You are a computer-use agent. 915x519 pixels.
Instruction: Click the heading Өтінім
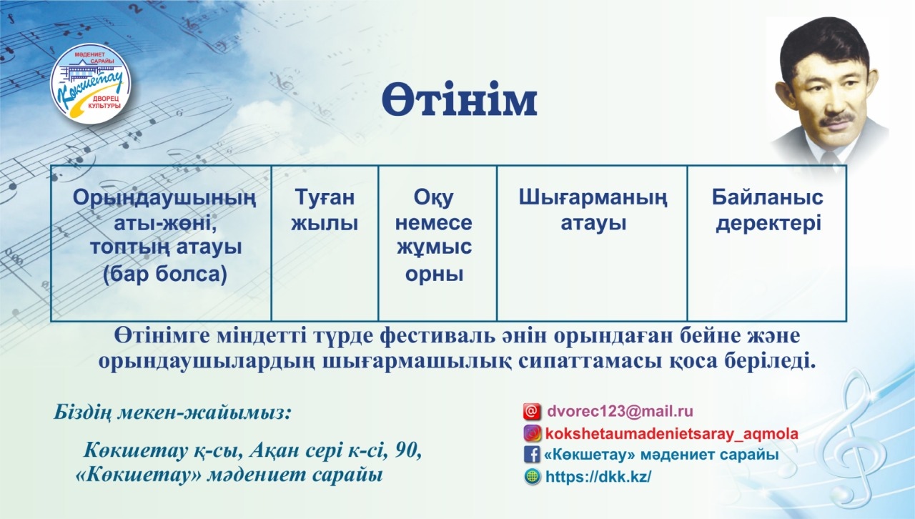[459, 99]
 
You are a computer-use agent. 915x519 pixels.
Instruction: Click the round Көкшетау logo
[90, 84]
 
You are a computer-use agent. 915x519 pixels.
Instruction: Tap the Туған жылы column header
[325, 210]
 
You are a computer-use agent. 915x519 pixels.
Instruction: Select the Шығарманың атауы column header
[593, 210]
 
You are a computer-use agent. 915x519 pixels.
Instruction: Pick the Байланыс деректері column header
[768, 210]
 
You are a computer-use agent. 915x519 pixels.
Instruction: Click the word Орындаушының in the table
[164, 199]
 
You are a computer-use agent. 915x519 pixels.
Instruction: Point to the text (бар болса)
[165, 275]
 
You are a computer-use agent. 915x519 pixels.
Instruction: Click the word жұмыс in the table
[434, 247]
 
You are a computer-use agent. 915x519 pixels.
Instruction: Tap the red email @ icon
[532, 412]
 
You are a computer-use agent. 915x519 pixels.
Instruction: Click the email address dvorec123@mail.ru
[620, 411]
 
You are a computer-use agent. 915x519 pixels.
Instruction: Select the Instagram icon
[532, 433]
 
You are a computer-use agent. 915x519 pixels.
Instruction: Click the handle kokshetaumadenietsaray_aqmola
[671, 434]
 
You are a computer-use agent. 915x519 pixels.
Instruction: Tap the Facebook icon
[532, 455]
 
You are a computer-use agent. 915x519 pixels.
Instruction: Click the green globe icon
[532, 476]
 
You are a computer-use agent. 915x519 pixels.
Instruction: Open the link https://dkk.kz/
[598, 477]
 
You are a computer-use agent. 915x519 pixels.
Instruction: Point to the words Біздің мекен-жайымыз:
[172, 412]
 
